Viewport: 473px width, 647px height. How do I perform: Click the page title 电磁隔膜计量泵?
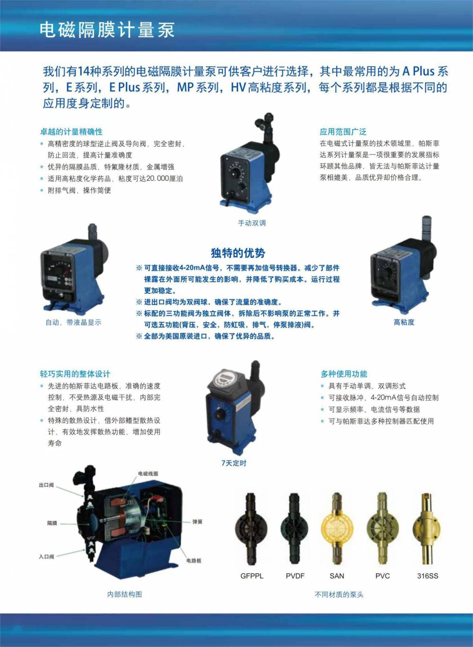click(x=107, y=30)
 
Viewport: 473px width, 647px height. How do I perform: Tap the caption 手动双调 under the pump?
click(x=252, y=223)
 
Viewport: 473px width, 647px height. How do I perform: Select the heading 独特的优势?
click(x=238, y=253)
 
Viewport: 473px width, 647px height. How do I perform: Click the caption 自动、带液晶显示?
click(x=73, y=323)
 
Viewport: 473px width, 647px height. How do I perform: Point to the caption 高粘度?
click(x=403, y=322)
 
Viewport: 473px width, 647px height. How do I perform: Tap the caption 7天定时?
click(x=234, y=463)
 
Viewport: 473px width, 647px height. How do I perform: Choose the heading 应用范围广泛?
click(x=342, y=132)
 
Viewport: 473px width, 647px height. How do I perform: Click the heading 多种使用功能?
click(x=344, y=374)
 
